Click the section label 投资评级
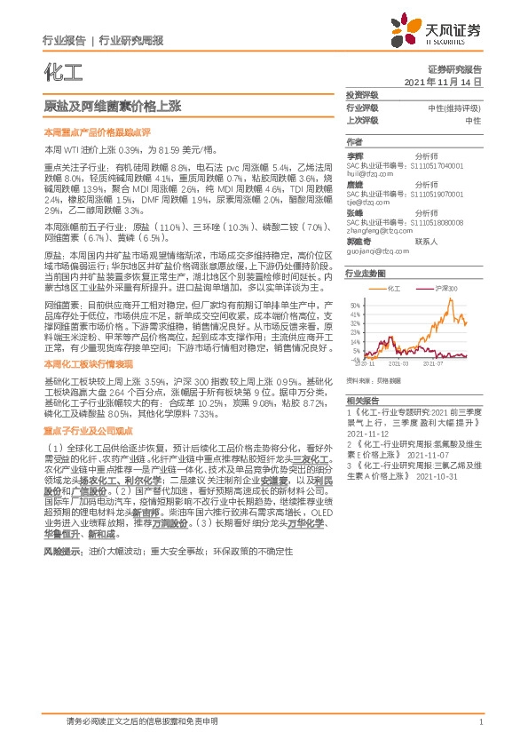[x=361, y=94]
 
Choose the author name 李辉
[x=355, y=155]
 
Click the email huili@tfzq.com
[x=369, y=175]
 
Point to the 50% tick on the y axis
[x=353, y=302]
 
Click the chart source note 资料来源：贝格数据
[x=370, y=379]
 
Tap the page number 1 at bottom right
[x=480, y=723]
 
